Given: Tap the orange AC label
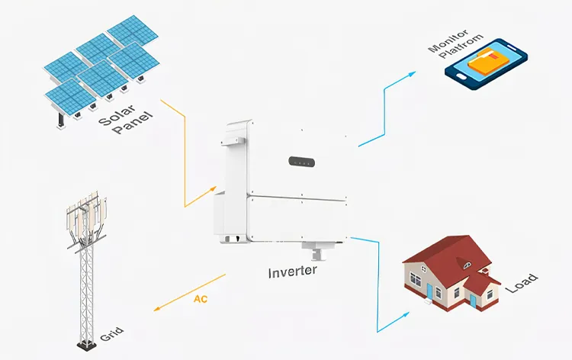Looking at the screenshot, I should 200,298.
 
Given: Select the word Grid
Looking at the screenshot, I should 111,335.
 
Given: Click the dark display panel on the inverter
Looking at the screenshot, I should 302,162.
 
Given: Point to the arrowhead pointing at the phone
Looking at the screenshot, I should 413,74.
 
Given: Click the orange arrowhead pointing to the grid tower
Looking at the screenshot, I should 157,309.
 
